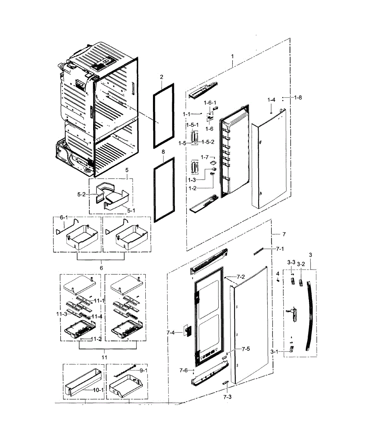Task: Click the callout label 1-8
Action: point(298,97)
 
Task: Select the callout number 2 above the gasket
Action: point(161,77)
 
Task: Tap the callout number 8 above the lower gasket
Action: point(163,151)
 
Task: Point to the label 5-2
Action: point(81,195)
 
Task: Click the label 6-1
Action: point(64,218)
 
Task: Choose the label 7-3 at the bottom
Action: point(227,397)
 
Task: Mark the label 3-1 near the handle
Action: point(275,351)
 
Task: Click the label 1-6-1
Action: point(210,103)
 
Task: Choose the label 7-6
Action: point(183,370)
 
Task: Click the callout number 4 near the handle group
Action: point(278,273)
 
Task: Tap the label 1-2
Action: point(193,188)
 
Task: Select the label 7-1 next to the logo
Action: point(280,249)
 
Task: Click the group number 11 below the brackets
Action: point(104,357)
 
